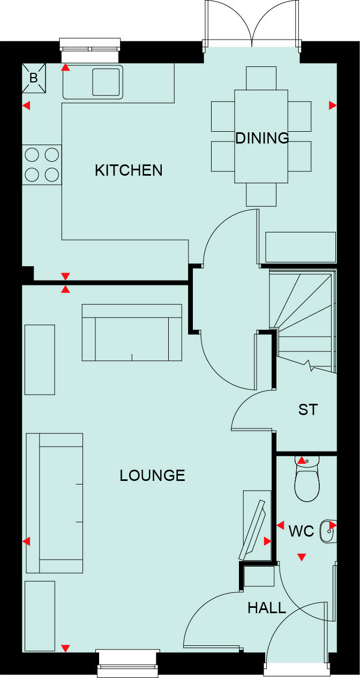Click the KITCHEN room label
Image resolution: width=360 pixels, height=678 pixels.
[129, 170]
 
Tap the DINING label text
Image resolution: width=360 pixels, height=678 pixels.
[262, 138]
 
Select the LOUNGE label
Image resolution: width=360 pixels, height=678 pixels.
[152, 476]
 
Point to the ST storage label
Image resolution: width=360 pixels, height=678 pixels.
[308, 410]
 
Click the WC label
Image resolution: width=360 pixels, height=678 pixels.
[301, 532]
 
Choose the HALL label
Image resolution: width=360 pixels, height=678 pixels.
[267, 608]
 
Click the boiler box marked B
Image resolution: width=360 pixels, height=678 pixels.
[34, 78]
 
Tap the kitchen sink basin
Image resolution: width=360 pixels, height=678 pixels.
[107, 82]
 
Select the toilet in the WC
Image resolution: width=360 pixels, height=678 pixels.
[307, 482]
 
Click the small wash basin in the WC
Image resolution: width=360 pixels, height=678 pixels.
[326, 531]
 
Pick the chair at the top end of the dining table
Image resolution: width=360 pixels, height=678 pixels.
[261, 78]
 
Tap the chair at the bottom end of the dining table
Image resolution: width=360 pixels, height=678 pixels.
[261, 195]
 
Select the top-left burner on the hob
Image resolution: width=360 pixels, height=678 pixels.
[32, 155]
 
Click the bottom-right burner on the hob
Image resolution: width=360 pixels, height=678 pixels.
[51, 174]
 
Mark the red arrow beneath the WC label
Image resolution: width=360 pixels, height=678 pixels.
[302, 558]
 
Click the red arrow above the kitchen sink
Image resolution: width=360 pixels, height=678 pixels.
[65, 67]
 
